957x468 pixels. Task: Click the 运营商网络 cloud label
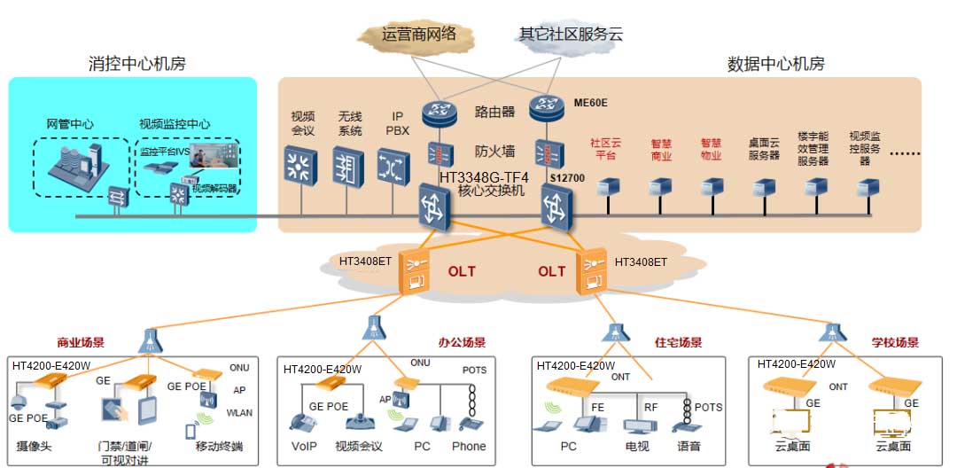[x=419, y=35]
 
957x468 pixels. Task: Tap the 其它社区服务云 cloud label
[x=570, y=35]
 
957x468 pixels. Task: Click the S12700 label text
[x=567, y=178]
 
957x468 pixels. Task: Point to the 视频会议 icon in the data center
[x=302, y=166]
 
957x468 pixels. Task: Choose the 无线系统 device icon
[x=349, y=166]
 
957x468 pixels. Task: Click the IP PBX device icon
[x=395, y=166]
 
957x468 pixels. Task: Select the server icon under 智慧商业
[x=660, y=188]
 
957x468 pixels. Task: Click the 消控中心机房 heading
[x=137, y=64]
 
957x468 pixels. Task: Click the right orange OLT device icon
[x=591, y=271]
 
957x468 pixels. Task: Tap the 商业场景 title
[x=82, y=342]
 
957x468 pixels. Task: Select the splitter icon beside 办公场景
[x=374, y=329]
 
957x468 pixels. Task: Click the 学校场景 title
[x=895, y=342]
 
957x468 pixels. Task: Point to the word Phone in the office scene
[x=469, y=447]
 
